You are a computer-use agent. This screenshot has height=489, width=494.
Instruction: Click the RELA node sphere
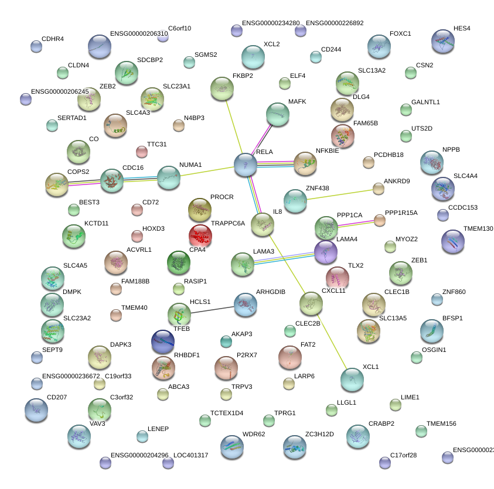(x=246, y=165)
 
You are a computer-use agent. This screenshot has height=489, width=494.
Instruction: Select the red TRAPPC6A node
(x=200, y=235)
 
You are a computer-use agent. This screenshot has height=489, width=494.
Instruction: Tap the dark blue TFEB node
(x=163, y=342)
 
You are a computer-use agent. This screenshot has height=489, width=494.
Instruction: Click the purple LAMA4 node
(x=326, y=252)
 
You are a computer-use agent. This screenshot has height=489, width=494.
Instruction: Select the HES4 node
(x=442, y=42)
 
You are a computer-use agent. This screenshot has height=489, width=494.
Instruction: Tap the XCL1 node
(x=352, y=379)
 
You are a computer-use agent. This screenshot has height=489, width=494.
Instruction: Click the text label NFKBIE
(x=327, y=151)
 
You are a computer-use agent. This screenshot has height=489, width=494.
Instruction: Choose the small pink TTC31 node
(x=142, y=152)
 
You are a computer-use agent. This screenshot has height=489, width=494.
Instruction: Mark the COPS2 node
(x=57, y=184)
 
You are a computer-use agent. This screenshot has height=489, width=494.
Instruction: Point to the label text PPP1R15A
(x=401, y=213)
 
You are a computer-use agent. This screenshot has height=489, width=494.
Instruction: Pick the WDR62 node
(x=232, y=447)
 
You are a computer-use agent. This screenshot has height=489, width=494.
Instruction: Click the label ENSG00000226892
(x=335, y=23)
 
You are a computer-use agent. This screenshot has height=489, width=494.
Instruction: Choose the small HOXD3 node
(x=137, y=236)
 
